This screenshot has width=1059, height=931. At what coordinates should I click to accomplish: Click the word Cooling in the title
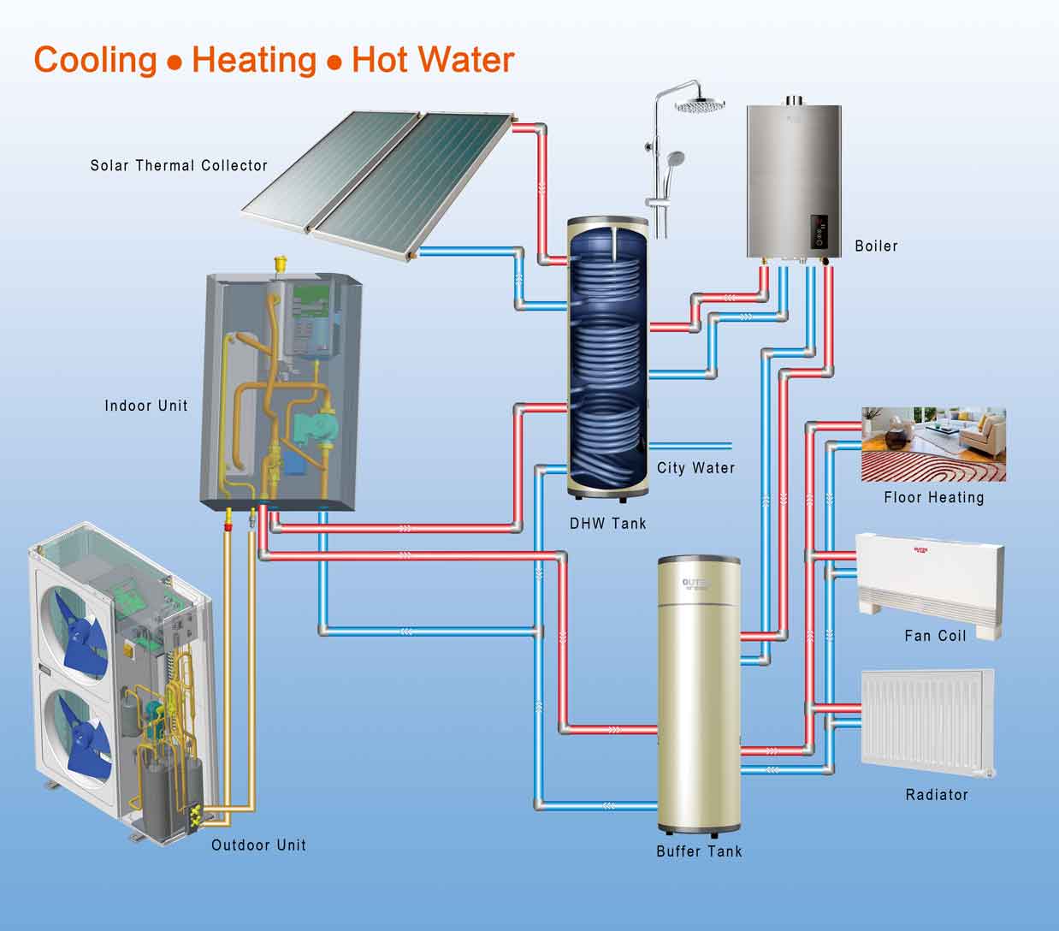pyautogui.click(x=96, y=61)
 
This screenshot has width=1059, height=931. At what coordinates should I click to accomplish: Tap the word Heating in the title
pyautogui.click(x=254, y=61)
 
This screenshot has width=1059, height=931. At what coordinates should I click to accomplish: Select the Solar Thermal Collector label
pyautogui.click(x=179, y=166)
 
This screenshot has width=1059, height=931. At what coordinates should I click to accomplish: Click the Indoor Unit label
pyautogui.click(x=145, y=406)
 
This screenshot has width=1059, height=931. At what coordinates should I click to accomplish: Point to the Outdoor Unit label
pyautogui.click(x=258, y=845)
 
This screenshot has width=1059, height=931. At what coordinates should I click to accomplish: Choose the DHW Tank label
pyautogui.click(x=608, y=524)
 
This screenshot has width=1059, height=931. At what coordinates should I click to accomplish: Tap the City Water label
pyautogui.click(x=695, y=467)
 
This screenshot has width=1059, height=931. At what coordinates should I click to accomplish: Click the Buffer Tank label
pyautogui.click(x=700, y=851)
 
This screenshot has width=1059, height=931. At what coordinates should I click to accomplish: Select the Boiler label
pyautogui.click(x=876, y=246)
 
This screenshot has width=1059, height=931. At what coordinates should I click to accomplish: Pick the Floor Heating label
pyautogui.click(x=934, y=497)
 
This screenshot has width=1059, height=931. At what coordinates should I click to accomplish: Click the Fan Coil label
pyautogui.click(x=936, y=636)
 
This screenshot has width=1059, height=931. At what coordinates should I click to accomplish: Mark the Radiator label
pyautogui.click(x=937, y=795)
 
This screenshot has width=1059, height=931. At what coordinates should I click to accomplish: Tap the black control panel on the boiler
pyautogui.click(x=819, y=231)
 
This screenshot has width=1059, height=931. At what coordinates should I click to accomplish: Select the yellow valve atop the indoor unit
pyautogui.click(x=281, y=264)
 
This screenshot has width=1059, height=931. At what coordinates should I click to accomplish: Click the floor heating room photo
pyautogui.click(x=933, y=445)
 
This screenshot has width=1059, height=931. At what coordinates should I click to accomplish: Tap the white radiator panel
pyautogui.click(x=928, y=722)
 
